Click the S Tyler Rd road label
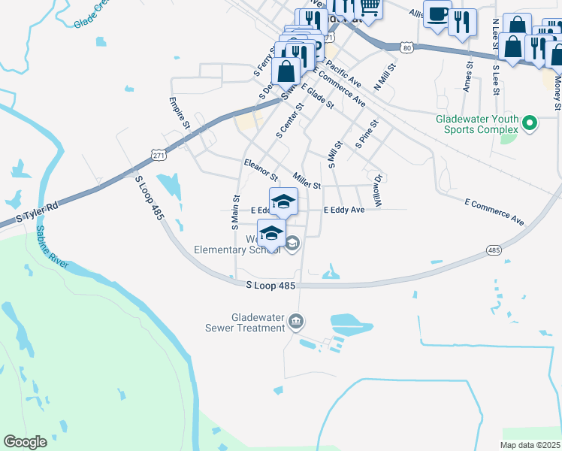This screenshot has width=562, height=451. (37, 212)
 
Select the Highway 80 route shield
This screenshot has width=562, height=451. (406, 47)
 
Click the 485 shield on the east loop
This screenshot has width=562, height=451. (494, 250)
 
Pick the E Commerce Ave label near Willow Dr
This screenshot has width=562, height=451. (494, 213)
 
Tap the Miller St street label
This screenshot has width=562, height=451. (307, 181)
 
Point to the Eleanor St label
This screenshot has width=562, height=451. (261, 169)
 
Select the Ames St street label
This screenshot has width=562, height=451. (467, 77)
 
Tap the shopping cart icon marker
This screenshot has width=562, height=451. (368, 7)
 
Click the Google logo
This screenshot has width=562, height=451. (25, 442)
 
